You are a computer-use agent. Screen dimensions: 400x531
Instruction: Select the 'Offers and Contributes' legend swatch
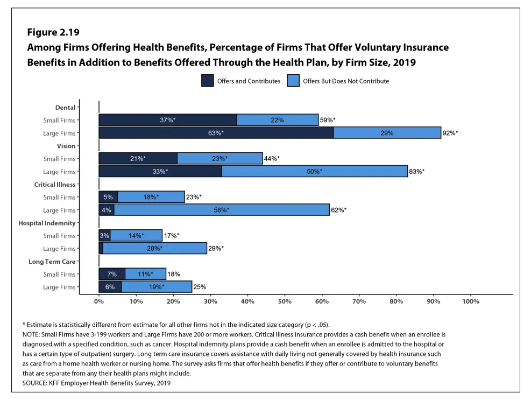coord(207,81)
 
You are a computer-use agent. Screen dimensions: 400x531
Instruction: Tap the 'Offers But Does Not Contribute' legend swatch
coord(293,81)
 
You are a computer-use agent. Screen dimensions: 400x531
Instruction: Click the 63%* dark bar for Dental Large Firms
coord(216,132)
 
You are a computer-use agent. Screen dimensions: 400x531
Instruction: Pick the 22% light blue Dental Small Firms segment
coord(277,120)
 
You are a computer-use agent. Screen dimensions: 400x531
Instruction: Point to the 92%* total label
coord(450,133)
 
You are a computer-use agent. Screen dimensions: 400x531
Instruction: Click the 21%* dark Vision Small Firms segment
coord(138,159)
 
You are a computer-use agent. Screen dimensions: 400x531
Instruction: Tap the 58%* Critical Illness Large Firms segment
coord(222,210)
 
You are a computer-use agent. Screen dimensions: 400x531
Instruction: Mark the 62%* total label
coord(338,210)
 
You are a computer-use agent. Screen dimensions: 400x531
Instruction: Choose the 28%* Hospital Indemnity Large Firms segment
coord(154,249)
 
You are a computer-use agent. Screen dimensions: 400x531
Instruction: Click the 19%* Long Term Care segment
coord(157,287)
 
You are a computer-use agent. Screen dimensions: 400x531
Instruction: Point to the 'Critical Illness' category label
coord(54,185)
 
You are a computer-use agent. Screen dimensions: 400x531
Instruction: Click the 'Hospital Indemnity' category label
coord(47,223)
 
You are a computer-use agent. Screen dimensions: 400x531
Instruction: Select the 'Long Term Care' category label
coord(52,262)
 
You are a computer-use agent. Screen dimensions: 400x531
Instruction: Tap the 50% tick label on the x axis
coord(285,302)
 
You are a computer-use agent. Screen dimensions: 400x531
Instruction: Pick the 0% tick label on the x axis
coord(99,302)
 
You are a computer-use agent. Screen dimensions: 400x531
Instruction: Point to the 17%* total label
coord(171,236)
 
